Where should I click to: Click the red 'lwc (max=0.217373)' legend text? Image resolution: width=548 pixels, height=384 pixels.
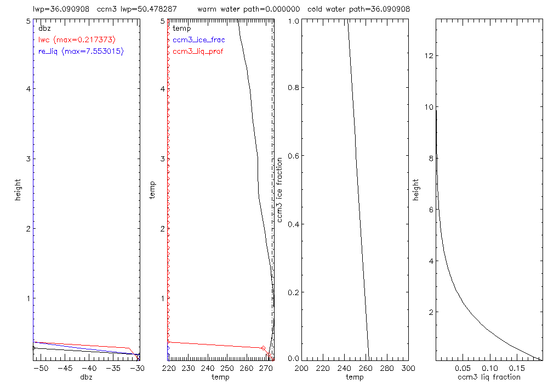[77, 39]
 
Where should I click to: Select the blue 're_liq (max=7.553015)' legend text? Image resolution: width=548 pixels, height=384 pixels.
[81, 52]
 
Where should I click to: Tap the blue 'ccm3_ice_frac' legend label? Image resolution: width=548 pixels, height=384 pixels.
[198, 39]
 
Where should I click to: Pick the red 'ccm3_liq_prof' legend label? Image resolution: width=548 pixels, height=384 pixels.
[198, 52]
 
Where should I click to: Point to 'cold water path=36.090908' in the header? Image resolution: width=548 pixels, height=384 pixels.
[358, 9]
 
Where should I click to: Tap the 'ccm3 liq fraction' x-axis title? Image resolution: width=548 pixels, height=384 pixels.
[488, 377]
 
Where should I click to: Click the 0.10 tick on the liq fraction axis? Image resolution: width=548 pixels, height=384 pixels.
[490, 368]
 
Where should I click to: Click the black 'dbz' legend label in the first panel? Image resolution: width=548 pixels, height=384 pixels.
[43, 28]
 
